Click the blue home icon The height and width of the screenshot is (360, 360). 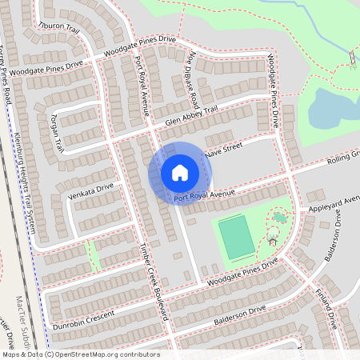tap(179, 173)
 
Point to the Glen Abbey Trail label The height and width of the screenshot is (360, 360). tap(191, 116)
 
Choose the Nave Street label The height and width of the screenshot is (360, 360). tap(223, 149)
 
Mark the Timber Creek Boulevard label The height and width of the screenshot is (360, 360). tap(156, 280)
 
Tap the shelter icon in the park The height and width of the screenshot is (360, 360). tap(273, 239)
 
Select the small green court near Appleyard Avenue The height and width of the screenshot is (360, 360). tap(280, 217)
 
